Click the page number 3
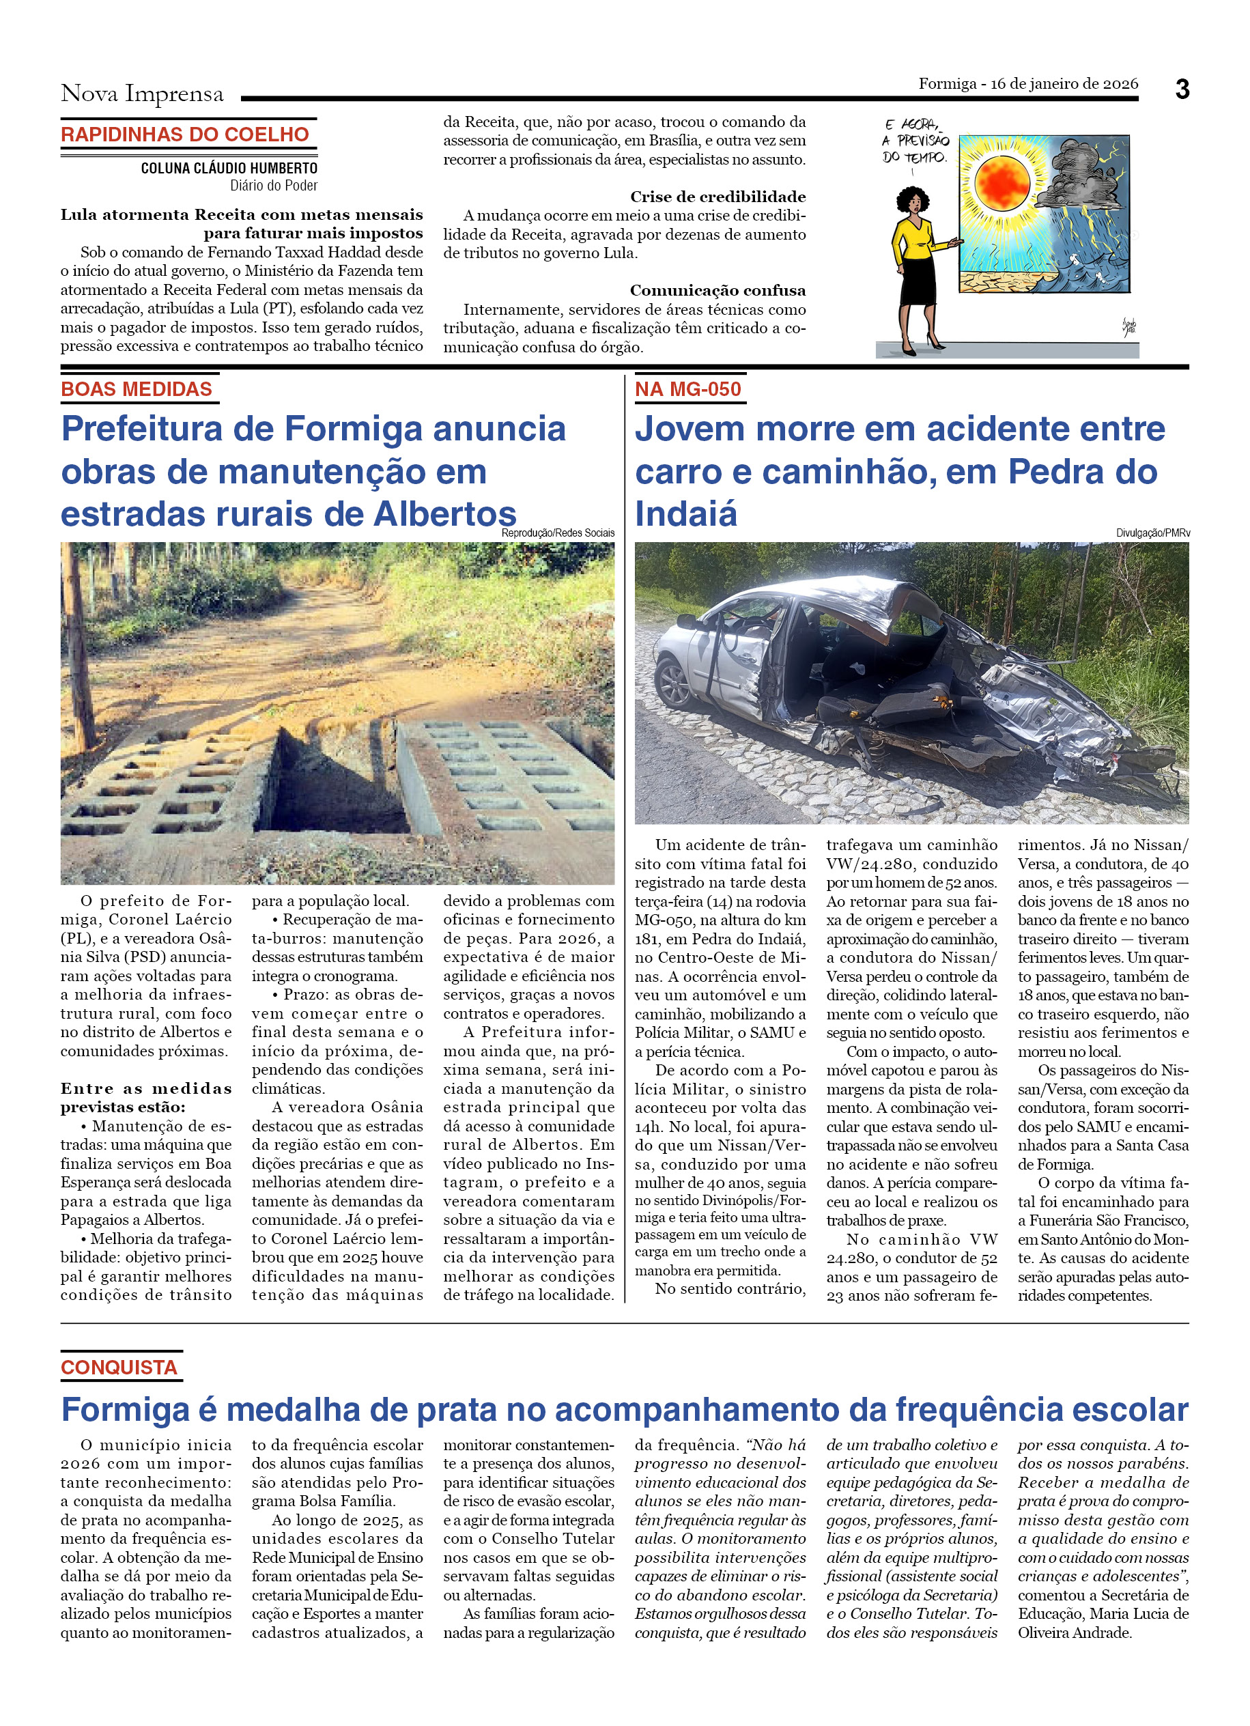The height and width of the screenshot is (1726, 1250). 1182,90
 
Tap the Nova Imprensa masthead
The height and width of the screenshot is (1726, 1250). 142,94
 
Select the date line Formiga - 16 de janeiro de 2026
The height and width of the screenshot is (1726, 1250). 1028,84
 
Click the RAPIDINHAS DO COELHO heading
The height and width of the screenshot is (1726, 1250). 185,135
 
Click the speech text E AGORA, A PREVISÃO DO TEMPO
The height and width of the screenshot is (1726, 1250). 915,141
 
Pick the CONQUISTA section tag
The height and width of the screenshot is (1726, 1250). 119,1368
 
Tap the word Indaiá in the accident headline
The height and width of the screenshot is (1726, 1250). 686,514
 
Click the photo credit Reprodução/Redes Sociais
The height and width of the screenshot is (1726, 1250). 558,533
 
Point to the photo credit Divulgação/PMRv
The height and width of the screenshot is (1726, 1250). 1152,533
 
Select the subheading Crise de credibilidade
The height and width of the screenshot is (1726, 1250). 718,197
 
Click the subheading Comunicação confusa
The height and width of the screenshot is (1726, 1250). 718,290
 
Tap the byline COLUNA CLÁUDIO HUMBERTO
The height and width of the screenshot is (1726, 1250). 229,168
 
